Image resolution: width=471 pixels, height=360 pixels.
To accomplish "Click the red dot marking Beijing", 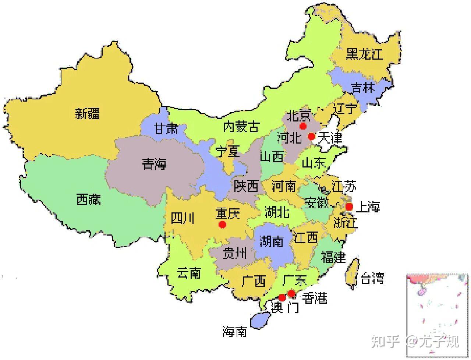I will [x=303, y=126].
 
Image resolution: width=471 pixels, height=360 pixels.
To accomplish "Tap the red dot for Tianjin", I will [x=311, y=137].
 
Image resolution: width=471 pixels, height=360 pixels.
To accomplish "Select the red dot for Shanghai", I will [x=349, y=207].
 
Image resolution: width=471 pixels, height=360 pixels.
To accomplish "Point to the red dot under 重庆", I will [x=222, y=225].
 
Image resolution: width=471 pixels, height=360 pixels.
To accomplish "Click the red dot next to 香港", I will [x=291, y=293].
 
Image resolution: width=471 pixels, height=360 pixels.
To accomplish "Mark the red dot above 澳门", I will [x=282, y=297].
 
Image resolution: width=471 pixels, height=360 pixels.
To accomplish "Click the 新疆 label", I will [x=87, y=113].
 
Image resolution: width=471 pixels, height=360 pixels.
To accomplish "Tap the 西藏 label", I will [x=89, y=200].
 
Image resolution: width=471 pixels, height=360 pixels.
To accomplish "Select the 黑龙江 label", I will [x=364, y=54].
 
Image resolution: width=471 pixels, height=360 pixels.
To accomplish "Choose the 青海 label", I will [x=155, y=164].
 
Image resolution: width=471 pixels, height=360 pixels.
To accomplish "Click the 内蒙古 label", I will [x=241, y=127].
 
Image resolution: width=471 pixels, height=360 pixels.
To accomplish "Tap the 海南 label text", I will [x=234, y=332].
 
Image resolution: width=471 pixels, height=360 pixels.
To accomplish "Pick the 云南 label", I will [x=188, y=273].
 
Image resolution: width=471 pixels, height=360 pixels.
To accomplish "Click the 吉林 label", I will [x=362, y=88].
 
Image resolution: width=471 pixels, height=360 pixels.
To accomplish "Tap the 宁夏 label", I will [x=228, y=152].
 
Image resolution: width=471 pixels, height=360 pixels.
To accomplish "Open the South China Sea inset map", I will [x=437, y=315].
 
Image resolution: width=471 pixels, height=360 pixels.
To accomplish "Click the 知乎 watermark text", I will [x=385, y=342].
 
